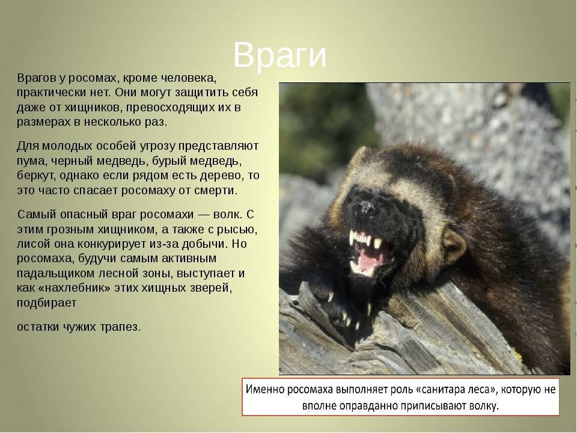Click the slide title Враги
[279, 55]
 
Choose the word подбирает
[46, 303]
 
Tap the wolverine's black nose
[364, 209]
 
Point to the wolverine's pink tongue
[370, 257]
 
